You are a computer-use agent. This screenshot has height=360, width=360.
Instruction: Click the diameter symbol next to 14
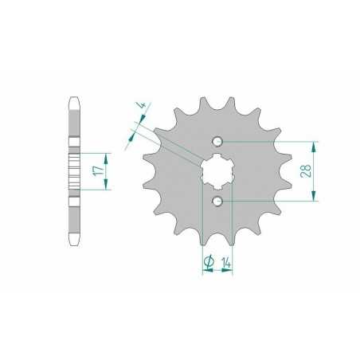point(208,260)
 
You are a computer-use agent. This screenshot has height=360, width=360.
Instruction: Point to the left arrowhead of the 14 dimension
point(205,272)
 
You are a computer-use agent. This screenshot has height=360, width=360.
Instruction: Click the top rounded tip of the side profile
point(74,102)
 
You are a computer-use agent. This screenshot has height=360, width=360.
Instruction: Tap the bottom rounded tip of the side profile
point(74,241)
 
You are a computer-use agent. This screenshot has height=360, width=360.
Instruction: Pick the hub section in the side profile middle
point(74,171)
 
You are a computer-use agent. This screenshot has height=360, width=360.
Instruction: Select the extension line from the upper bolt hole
point(271,142)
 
